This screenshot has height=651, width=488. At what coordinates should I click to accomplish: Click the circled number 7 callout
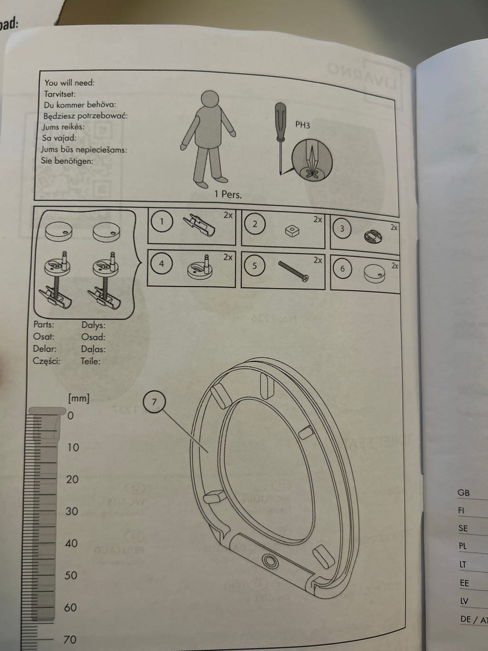coord(155,402)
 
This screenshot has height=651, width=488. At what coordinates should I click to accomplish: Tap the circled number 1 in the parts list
coord(162,222)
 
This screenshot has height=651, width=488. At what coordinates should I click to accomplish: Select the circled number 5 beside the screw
coord(255,265)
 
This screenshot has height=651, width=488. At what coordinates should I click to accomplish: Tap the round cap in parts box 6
coord(375,274)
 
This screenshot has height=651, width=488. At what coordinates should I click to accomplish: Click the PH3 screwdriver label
coord(302,125)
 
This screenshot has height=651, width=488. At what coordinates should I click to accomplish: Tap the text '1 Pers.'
coord(228,194)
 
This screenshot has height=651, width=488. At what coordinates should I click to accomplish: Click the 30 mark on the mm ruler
coord(73,511)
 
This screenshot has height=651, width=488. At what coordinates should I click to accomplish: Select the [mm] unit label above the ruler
coord(79,398)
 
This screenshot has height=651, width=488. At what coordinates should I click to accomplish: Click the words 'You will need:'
coord(69,83)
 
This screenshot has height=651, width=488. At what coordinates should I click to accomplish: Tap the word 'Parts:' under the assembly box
coord(44,324)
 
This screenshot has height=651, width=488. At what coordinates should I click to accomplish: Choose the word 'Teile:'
coord(90,362)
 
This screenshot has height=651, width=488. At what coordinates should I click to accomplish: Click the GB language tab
coord(464,492)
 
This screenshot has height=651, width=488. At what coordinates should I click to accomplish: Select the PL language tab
coord(463,546)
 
